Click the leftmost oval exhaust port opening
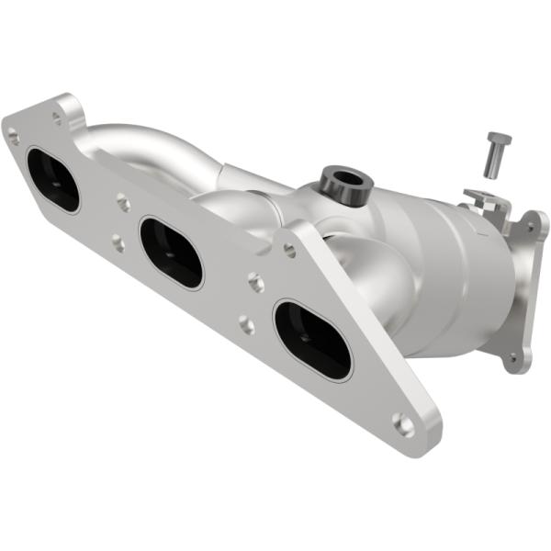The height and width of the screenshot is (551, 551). click(53, 179)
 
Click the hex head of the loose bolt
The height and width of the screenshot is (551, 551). click(499, 140)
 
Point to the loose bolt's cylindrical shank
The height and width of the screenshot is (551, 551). click(494, 165)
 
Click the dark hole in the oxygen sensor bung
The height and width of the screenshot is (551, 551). click(344, 178)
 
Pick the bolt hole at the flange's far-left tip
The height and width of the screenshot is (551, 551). click(13, 137)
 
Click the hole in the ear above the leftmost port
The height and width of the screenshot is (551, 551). click(57, 117)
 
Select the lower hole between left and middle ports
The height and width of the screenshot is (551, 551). click(118, 243)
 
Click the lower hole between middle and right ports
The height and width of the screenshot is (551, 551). click(246, 322)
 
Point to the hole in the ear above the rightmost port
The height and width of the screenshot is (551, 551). click(290, 249)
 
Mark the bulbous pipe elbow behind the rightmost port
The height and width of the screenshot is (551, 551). click(367, 275)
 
